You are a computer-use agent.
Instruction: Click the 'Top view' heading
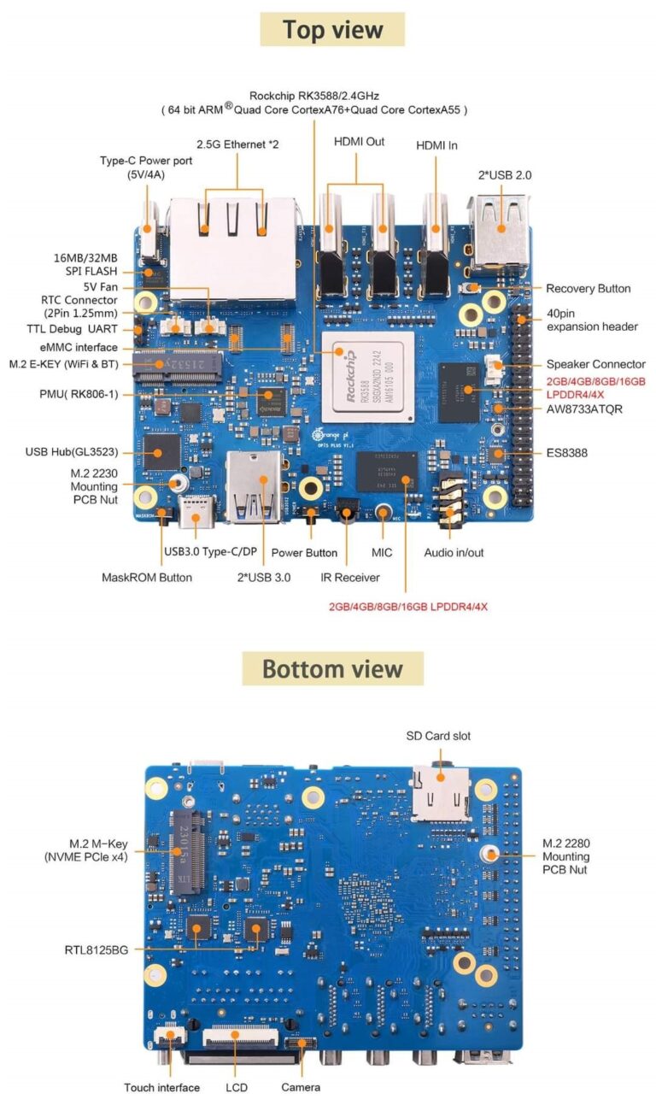[x=332, y=30]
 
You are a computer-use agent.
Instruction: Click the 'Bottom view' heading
[x=332, y=668]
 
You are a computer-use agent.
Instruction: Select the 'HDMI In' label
[x=436, y=145]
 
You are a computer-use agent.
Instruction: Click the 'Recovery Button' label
[x=588, y=289]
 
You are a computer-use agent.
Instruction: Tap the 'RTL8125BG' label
[x=96, y=949]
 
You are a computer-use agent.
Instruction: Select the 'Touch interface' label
[x=161, y=1088]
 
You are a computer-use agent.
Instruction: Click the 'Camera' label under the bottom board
[x=301, y=1087]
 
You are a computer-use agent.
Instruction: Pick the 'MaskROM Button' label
[x=147, y=578]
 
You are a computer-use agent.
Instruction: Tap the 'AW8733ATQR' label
[x=584, y=409]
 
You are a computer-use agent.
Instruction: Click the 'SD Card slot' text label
[x=437, y=736]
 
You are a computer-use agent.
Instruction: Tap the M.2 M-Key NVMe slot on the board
[x=190, y=852]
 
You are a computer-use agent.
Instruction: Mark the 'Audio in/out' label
[x=454, y=553]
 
